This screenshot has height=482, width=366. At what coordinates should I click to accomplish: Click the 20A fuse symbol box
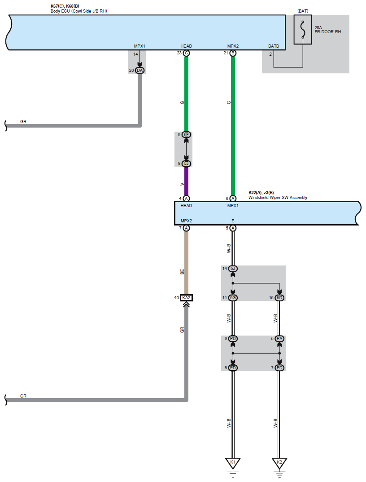pos(303,30)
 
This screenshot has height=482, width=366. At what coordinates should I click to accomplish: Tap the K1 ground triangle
pos(233,463)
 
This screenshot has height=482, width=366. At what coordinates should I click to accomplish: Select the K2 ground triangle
pos(279,463)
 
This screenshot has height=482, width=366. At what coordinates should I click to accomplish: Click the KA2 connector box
pos(186,298)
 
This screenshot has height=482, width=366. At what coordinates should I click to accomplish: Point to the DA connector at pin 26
pos(139,71)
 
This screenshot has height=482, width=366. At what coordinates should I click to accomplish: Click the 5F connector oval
pos(186,135)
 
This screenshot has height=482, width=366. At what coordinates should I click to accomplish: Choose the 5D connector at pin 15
pos(279,298)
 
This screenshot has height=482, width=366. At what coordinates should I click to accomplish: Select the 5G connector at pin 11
pos(233,298)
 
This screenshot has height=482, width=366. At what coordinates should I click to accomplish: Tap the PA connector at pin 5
pos(279,338)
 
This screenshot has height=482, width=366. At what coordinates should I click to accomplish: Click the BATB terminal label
pos(274,46)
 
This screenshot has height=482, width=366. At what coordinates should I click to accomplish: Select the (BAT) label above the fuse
pos(303,10)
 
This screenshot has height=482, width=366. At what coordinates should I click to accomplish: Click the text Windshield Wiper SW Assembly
pos(278,198)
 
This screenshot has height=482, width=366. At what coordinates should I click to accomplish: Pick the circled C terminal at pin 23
pos(186,53)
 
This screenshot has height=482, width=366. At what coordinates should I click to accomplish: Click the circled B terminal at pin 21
pos(233,53)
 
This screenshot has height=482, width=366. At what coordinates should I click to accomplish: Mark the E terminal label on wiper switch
pos(233,221)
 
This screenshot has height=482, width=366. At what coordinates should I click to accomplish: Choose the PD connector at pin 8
pos(233,368)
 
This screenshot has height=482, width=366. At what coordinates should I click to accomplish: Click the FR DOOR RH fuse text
pos(328,32)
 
